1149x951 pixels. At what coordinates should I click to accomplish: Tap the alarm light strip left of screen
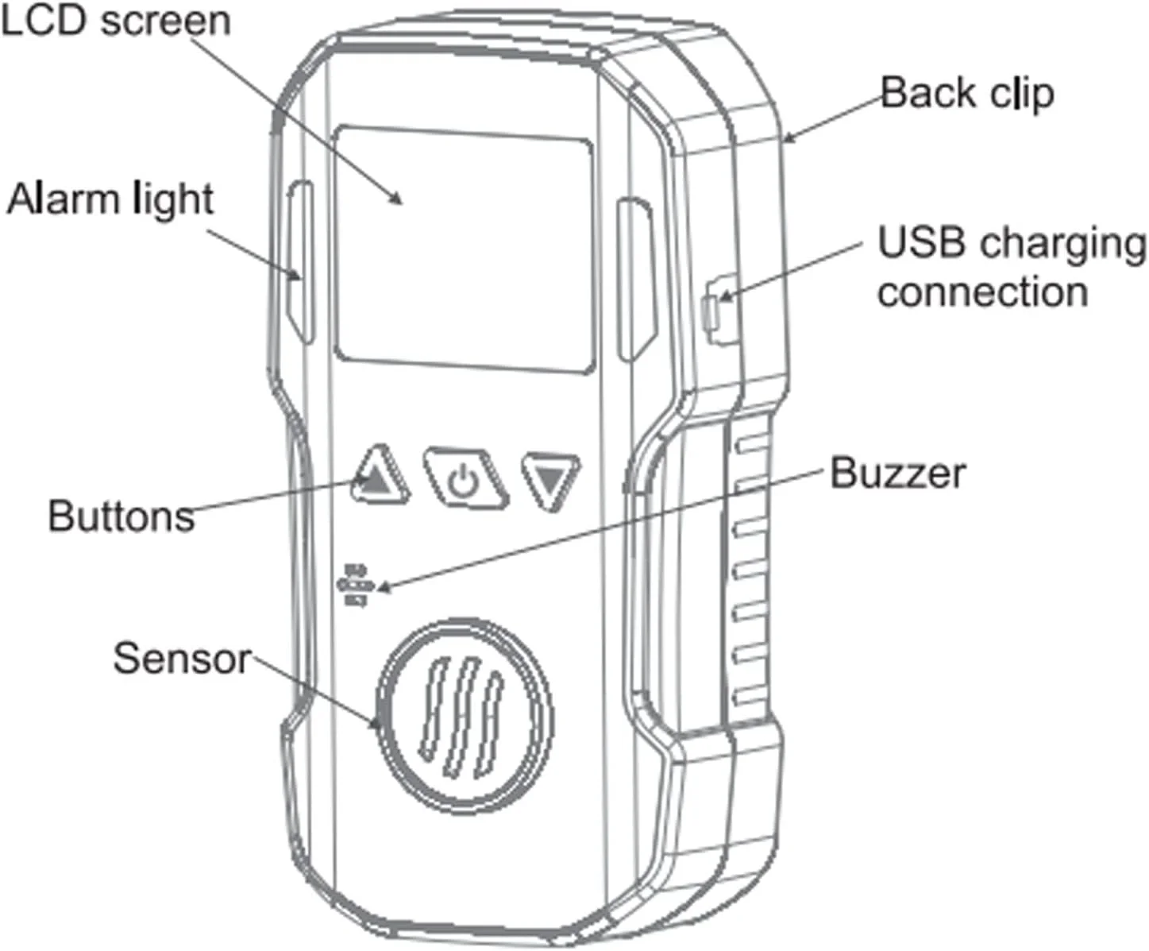pos(301,262)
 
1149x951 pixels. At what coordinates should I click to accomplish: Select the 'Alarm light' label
pos(110,199)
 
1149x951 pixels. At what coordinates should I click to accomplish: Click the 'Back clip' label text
pos(967,93)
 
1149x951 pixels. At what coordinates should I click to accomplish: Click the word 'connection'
pos(982,292)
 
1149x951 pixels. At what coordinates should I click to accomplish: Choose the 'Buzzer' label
pos(897,474)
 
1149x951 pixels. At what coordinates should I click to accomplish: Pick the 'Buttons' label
pos(121,516)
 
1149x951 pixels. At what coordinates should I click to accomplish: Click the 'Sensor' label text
pos(182,659)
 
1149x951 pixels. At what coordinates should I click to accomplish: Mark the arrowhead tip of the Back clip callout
pos(785,141)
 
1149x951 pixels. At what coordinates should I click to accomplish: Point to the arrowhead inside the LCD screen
pos(401,198)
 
